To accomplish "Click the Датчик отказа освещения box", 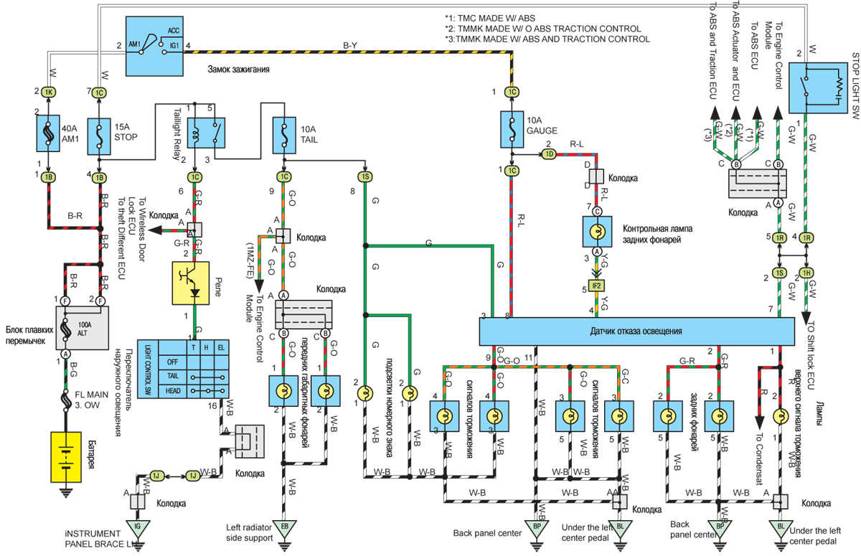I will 636,331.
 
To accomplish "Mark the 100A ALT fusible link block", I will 80,327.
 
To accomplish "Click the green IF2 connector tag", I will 596,286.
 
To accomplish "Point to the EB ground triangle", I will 285,530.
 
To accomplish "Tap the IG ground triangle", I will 137,530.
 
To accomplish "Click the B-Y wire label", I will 350,45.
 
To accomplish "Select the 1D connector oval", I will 550,154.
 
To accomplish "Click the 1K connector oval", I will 48,92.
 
